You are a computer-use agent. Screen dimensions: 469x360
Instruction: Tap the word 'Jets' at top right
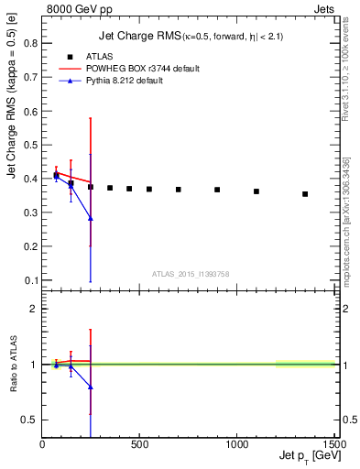[x=324, y=8]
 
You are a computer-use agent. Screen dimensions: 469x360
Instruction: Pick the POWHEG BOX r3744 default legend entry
[x=155, y=69]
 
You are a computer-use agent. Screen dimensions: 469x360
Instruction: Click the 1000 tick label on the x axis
[x=236, y=444]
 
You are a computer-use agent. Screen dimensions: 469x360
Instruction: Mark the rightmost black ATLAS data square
[x=305, y=193]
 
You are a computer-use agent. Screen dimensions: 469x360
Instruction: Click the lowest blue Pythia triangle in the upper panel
[x=91, y=218]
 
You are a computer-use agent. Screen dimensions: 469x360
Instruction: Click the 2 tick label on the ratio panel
[x=34, y=309]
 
